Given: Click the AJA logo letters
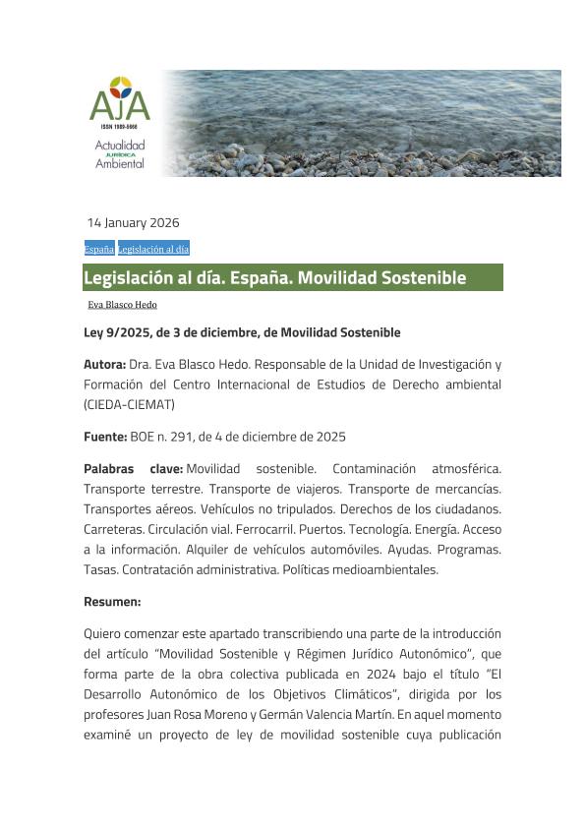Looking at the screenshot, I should tap(119, 102).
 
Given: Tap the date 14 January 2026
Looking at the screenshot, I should tap(133, 222).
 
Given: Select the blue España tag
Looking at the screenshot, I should tap(98, 249).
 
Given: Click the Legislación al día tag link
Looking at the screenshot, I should tap(153, 249).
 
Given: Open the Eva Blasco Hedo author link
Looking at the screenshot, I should tap(122, 305).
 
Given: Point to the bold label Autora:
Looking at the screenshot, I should tap(104, 364).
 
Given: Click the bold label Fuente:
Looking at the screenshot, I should tap(105, 437).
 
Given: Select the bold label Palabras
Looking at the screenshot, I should tap(109, 469).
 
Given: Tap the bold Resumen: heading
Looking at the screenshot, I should tap(112, 601).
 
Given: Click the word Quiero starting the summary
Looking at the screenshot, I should tap(105, 633).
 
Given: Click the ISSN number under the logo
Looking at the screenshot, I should tap(119, 128).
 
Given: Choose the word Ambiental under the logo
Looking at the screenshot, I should tap(120, 164).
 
